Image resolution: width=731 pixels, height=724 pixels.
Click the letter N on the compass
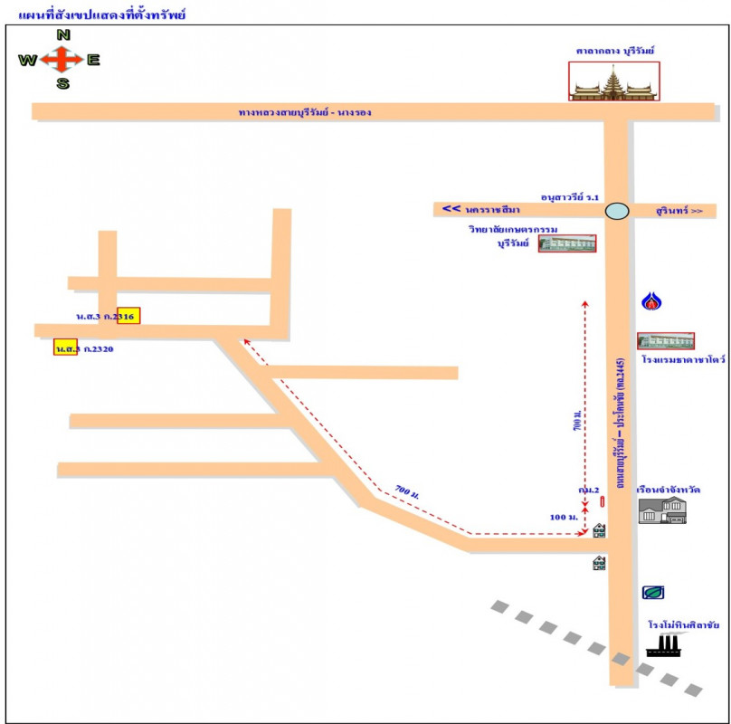63,35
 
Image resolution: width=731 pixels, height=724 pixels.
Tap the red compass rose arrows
61,60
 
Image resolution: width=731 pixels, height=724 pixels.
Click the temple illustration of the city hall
614,81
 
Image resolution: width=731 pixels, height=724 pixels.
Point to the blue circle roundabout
617,211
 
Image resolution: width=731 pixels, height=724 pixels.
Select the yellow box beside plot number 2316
128,316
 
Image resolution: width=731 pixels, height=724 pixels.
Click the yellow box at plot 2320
65,348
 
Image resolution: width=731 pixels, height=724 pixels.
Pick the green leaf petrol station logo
653,593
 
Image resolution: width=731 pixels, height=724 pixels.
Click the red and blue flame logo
650,301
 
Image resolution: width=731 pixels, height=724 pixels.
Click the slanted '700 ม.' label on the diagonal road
406,493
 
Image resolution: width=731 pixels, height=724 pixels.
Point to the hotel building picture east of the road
666,341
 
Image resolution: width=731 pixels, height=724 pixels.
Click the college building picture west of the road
568,243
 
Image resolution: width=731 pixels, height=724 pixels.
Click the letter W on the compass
27,61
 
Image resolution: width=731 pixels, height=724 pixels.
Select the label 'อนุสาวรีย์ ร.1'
570,195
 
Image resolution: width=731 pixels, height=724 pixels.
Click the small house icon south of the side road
599,563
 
